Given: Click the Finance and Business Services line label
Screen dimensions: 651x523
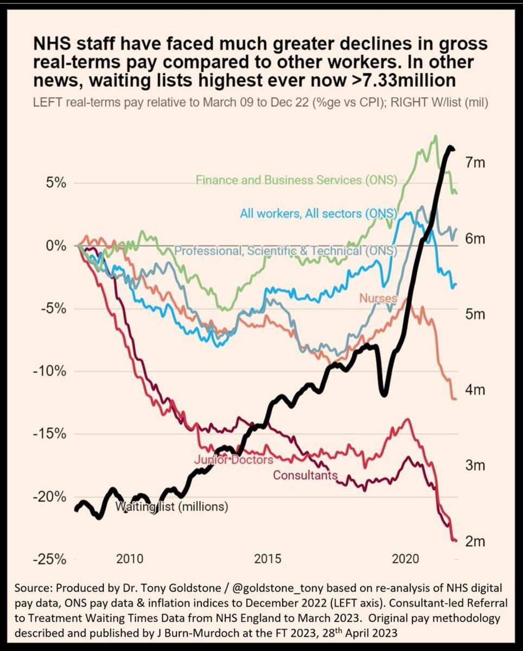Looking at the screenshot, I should (x=296, y=180).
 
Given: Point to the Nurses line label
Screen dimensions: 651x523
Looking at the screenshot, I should (x=378, y=298).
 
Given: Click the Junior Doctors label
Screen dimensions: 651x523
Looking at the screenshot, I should (x=233, y=460).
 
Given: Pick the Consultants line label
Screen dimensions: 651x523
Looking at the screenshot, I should (x=305, y=476).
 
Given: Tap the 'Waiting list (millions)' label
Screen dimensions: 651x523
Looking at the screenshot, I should (x=172, y=507).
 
